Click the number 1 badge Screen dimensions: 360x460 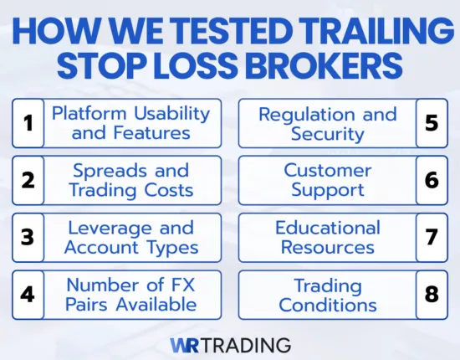click(x=28, y=123)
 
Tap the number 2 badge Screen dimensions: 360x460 click(x=28, y=180)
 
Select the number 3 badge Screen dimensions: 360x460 click(x=28, y=237)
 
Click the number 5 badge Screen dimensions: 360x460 click(x=432, y=123)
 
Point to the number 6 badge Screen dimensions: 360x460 click(x=432, y=180)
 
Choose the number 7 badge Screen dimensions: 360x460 click(x=432, y=237)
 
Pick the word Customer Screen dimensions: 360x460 click(x=327, y=171)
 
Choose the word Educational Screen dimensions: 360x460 click(x=327, y=228)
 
